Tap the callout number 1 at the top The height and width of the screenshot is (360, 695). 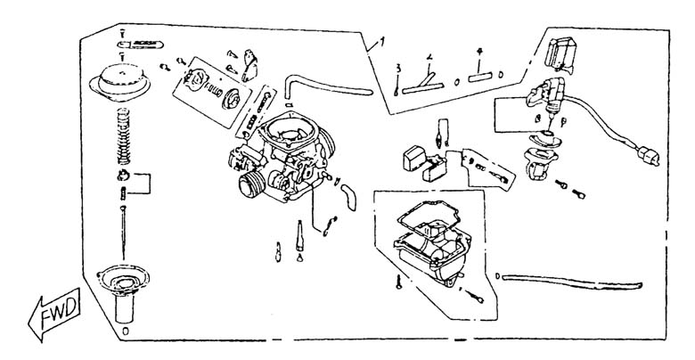(382, 40)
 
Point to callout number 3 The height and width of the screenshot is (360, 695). (399, 68)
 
